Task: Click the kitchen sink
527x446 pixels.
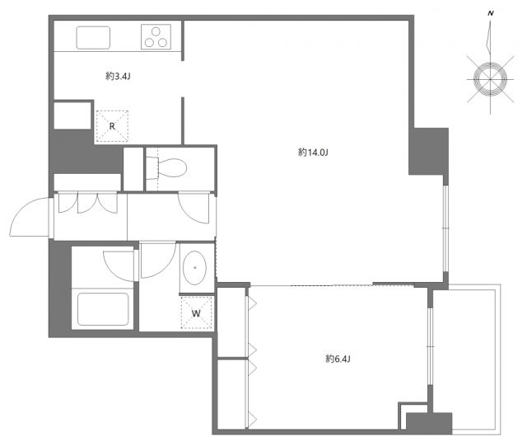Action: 94,38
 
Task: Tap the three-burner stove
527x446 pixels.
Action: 156,37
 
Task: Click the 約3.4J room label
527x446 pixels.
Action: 117,76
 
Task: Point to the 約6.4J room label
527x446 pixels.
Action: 338,359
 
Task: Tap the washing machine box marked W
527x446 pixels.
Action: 196,312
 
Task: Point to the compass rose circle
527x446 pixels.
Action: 490,78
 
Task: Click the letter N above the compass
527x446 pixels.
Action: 491,13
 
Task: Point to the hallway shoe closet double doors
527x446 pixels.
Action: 86,204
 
